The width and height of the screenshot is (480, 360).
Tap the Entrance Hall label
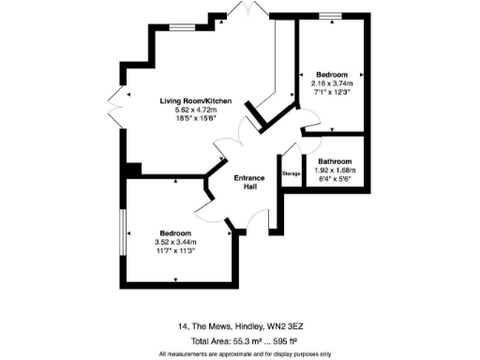[250, 181]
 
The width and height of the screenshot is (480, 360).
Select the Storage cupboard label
[291, 173]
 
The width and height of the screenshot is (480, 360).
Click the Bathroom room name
[335, 161]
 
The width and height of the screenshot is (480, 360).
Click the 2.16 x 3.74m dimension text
[332, 82]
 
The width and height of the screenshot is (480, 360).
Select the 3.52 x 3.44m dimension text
[175, 242]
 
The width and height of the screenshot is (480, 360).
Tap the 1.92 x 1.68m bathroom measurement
[335, 170]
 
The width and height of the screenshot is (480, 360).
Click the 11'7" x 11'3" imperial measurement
[175, 250]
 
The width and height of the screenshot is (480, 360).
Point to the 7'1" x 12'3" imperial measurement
[332, 91]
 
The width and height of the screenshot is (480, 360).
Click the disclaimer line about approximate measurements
[245, 353]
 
